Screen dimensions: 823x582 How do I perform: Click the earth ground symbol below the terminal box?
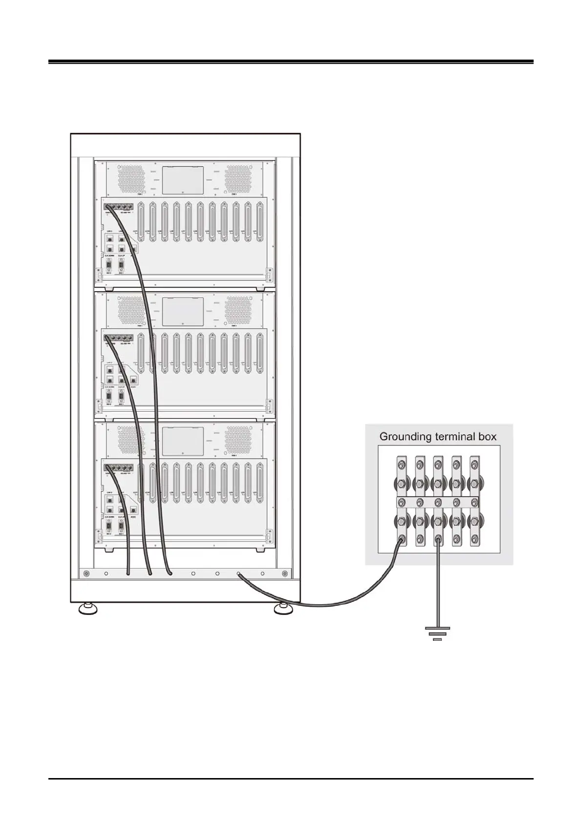click(x=437, y=633)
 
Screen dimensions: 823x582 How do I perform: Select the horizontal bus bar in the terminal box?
click(x=437, y=502)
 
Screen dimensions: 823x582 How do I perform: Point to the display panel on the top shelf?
click(x=183, y=180)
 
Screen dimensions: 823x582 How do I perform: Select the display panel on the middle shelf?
click(x=183, y=311)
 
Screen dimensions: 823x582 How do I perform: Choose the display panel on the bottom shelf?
click(x=183, y=441)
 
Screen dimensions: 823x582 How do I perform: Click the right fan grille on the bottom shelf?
click(x=238, y=440)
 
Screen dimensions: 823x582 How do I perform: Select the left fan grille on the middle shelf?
click(x=131, y=310)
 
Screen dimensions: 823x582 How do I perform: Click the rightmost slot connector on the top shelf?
click(x=259, y=222)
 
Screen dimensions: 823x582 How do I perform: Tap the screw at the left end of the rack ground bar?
click(x=86, y=573)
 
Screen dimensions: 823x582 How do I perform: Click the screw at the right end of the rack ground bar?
click(x=283, y=573)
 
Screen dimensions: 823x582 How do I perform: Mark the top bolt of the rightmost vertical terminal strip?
click(x=474, y=463)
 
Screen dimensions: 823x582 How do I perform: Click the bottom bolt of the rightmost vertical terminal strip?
click(x=474, y=540)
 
